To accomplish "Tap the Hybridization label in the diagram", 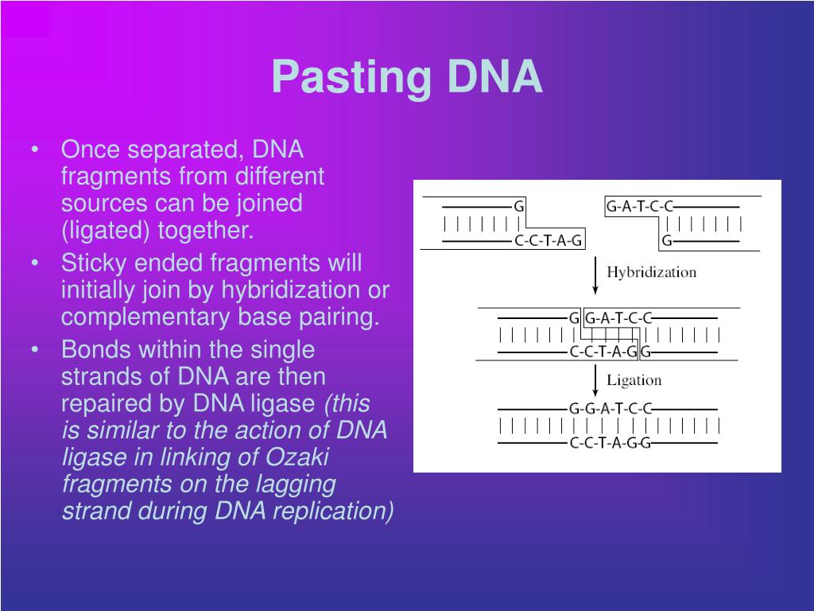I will click(x=651, y=272).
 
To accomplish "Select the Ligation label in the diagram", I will click(x=634, y=379).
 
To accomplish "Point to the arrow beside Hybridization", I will click(x=595, y=274).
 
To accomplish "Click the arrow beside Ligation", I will click(x=595, y=380).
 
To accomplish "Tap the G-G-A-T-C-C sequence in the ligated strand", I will click(x=610, y=409).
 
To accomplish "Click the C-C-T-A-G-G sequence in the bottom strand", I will click(x=610, y=443).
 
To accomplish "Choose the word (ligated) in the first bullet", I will click(x=107, y=231).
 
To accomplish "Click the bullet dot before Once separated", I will click(x=37, y=150).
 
